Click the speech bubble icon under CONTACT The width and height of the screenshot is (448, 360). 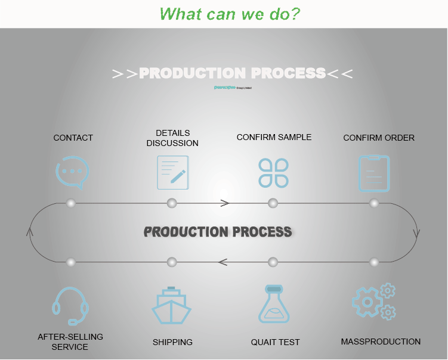(72, 172)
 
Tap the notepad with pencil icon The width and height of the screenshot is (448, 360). (172, 172)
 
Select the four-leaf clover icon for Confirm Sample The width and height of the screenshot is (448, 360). (274, 173)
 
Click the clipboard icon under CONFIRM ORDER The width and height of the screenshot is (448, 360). (374, 173)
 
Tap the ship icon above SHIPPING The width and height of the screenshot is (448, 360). (172, 306)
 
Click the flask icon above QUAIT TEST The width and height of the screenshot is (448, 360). (274, 305)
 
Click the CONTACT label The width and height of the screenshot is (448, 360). (73, 138)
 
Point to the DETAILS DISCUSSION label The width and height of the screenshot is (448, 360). (172, 138)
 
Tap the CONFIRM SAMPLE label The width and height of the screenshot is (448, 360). (274, 137)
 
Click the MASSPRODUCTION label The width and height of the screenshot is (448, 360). (381, 342)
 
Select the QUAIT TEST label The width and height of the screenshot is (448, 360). (275, 342)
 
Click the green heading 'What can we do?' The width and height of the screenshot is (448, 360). (230, 13)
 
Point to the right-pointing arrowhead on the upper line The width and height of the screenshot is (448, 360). (225, 203)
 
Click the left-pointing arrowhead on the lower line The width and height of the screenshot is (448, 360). (223, 262)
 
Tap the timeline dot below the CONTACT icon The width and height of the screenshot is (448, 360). (71, 203)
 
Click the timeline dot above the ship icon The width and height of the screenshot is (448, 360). (172, 262)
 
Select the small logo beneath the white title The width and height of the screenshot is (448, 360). (233, 87)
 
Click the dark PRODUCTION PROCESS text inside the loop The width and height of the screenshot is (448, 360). (218, 232)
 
